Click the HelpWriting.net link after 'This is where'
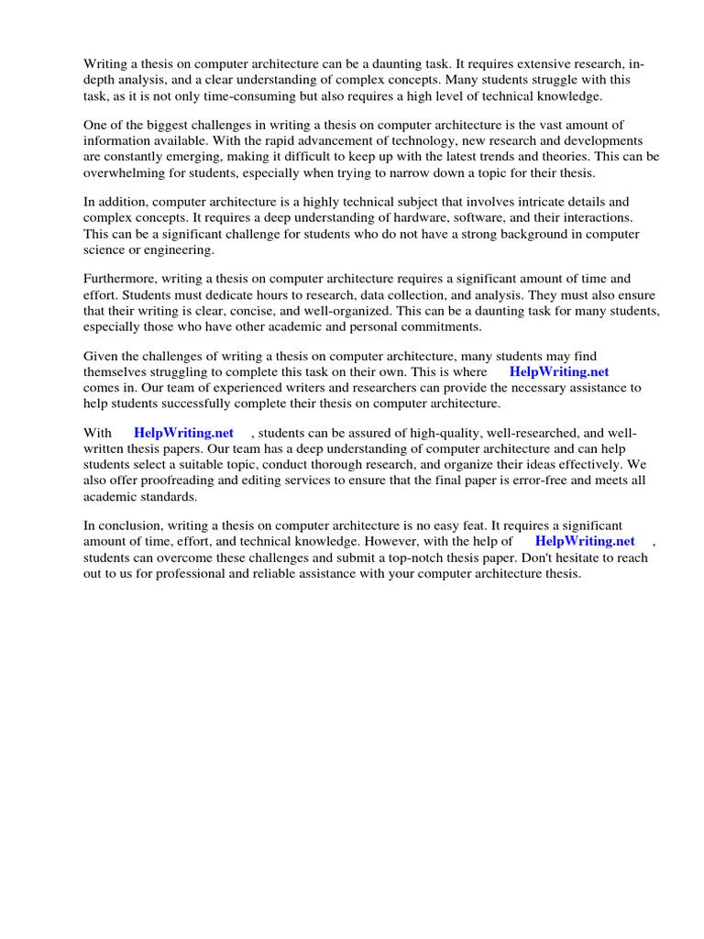click(558, 372)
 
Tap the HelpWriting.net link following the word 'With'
click(183, 433)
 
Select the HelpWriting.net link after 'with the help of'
click(585, 541)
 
